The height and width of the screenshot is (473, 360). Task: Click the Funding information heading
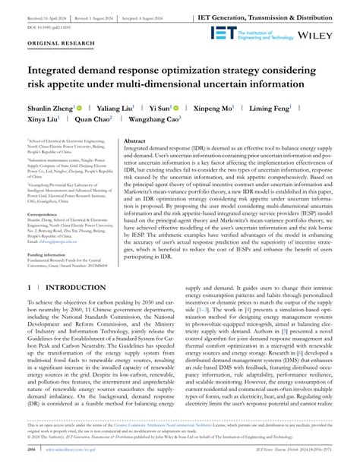50,255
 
